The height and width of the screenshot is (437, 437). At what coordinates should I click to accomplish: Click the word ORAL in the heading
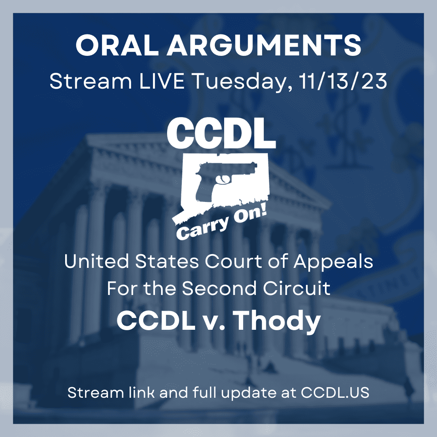click(117, 45)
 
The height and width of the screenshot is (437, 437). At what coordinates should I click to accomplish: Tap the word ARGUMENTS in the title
click(264, 45)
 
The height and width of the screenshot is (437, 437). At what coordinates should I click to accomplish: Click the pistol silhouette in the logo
click(223, 179)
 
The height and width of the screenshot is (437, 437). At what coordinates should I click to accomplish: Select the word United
click(96, 261)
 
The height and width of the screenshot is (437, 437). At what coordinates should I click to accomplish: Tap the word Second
click(219, 288)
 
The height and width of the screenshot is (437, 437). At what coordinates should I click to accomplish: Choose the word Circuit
click(297, 288)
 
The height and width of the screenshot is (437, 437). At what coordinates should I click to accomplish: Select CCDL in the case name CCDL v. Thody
click(155, 320)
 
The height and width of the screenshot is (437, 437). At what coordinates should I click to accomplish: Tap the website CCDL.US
click(335, 392)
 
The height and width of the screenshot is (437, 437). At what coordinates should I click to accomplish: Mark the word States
click(167, 261)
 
